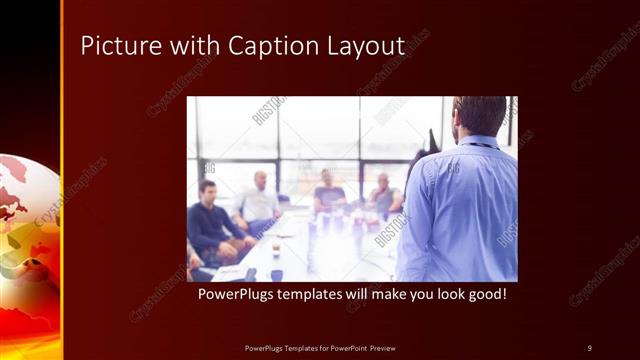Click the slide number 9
pos(590,348)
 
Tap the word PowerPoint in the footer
pos(345,348)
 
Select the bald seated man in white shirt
pos(260,200)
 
